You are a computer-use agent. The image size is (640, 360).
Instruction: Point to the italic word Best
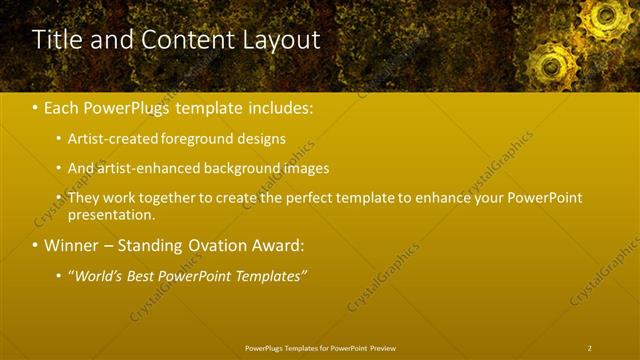(143, 275)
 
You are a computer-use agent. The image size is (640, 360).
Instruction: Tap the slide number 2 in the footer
(589, 348)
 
